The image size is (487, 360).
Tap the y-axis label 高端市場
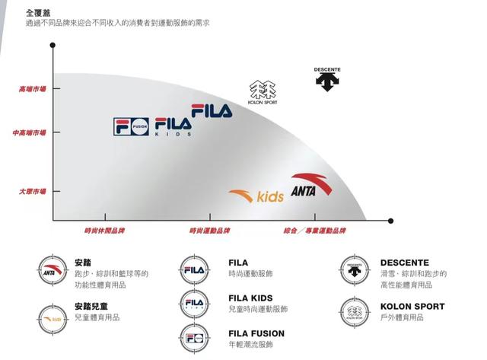point(33,89)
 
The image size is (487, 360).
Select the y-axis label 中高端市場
point(30,132)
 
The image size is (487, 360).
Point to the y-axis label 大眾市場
point(33,191)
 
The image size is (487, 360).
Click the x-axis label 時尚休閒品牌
point(104,230)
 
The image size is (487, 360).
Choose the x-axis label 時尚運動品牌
point(210,230)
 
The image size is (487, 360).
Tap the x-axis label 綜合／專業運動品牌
point(314,230)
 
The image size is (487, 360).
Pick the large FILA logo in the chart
point(212,111)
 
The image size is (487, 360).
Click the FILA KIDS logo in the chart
point(173,126)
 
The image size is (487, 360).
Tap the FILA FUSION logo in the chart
point(132,126)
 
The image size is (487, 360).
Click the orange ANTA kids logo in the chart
point(256,196)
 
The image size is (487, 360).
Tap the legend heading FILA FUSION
point(256,333)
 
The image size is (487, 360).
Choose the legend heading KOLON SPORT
point(412,307)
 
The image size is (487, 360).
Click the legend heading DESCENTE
point(405,263)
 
